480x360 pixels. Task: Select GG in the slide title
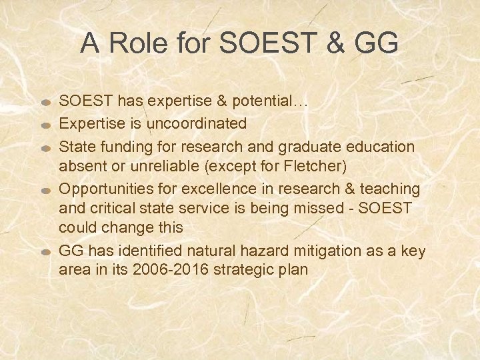click(x=377, y=44)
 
